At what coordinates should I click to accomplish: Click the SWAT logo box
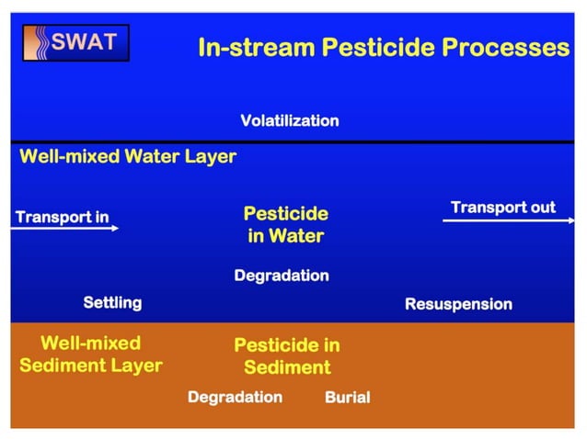pos(76,42)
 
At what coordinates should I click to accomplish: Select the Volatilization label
pos(289,120)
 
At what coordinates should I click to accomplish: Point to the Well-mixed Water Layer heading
pos(128,156)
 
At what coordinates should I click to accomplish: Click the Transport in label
pos(62,217)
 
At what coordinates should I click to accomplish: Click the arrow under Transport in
pos(64,228)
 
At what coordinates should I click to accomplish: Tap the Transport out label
pos(502,207)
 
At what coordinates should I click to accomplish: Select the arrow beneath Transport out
pos(501,220)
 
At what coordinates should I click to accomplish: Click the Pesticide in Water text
pos(285,224)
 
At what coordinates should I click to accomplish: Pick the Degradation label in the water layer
pos(282,276)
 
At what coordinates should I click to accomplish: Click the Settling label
pos(112,302)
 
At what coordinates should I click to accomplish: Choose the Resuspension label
pos(458,304)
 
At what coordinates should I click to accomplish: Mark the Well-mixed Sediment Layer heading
pos(90,355)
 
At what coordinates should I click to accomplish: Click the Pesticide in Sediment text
pos(286,356)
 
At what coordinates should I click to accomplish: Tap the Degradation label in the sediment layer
pos(235,397)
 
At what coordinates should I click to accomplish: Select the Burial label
pos(347,398)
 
